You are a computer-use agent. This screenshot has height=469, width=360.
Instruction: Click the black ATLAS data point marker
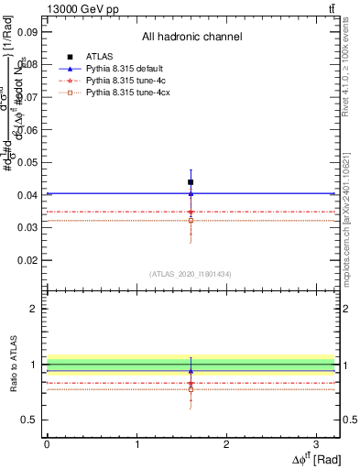click(191, 182)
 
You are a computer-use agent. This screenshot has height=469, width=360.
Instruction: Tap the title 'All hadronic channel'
click(191, 38)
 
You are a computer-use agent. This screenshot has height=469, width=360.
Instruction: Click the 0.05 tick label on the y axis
click(27, 162)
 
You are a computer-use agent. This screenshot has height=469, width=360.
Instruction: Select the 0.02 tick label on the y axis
click(27, 260)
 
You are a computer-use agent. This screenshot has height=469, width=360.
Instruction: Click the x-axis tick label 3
click(316, 443)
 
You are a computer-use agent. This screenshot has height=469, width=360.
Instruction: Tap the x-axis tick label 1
click(136, 443)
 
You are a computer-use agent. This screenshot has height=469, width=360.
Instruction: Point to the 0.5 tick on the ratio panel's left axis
click(31, 420)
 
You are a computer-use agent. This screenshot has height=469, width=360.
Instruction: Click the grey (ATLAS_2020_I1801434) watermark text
click(191, 274)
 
